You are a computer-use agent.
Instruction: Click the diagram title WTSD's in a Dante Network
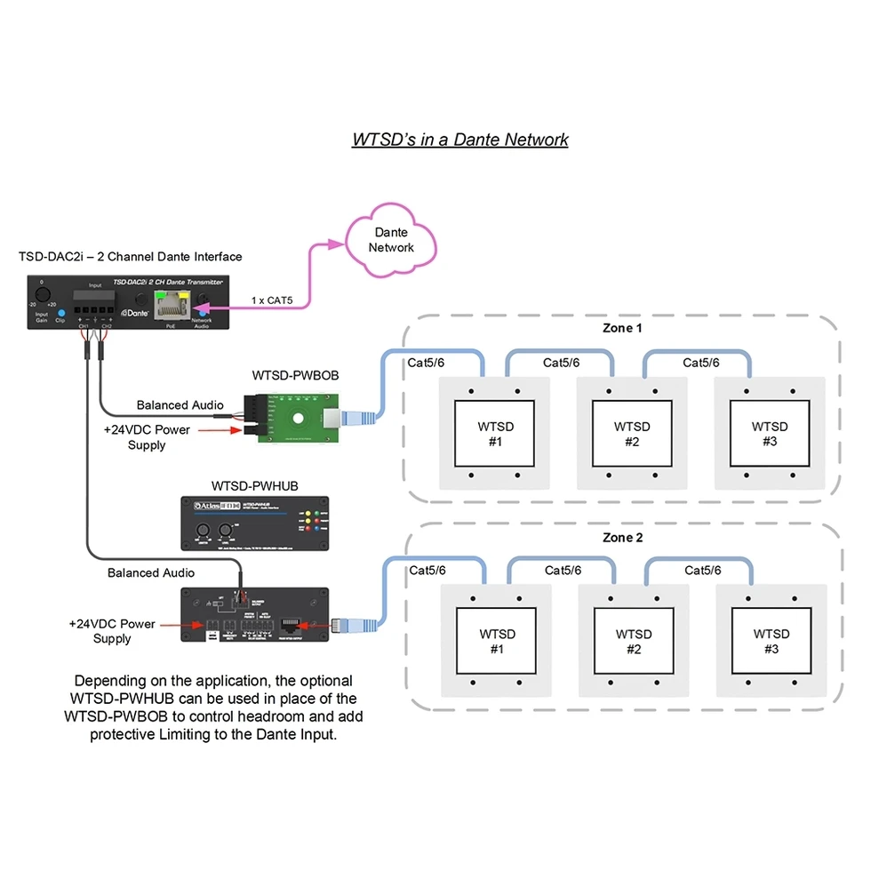[x=459, y=140]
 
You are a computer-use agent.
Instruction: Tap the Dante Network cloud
[x=391, y=240]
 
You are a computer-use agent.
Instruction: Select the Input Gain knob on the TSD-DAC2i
[x=42, y=295]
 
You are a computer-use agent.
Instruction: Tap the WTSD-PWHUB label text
[x=254, y=486]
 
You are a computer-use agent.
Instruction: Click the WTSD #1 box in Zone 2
[x=496, y=641]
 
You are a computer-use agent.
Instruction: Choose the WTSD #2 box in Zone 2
[x=633, y=641]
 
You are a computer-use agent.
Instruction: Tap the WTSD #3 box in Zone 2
[x=771, y=641]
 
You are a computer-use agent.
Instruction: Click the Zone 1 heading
[x=622, y=329]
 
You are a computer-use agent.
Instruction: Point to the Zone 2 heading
[x=623, y=538]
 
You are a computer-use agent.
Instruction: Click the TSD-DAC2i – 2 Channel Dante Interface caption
[x=130, y=257]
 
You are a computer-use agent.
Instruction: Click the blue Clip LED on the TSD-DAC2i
[x=60, y=313]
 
